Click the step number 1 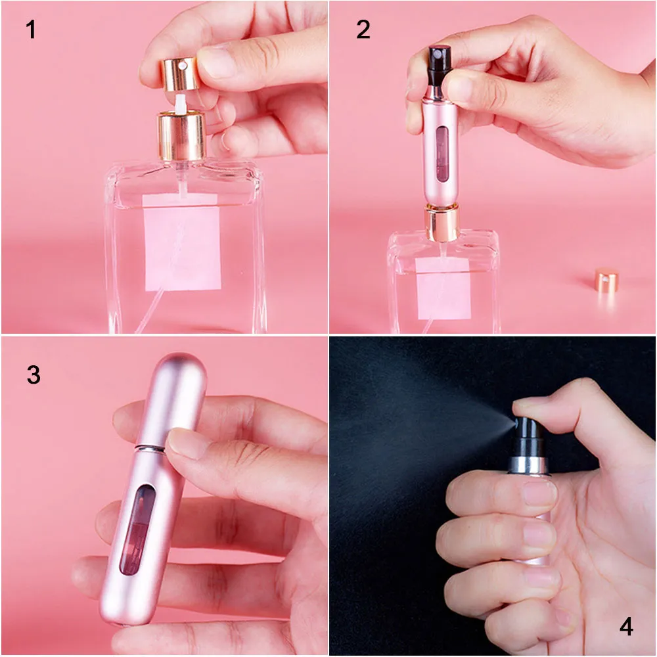[x=30, y=30]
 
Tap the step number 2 [x=363, y=30]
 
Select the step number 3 [x=34, y=374]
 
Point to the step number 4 [x=626, y=627]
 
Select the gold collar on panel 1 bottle [x=181, y=136]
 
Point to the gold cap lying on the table [x=607, y=281]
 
